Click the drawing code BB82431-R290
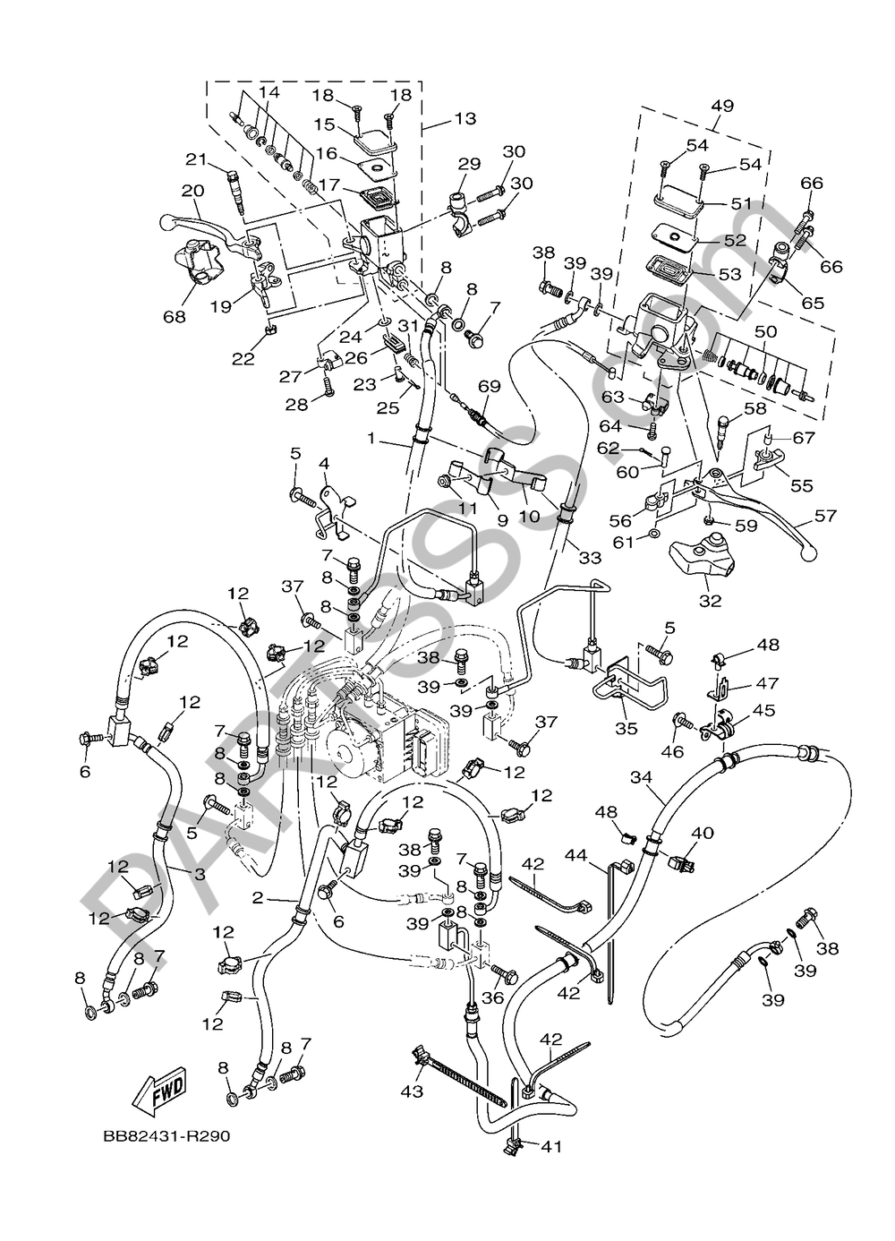pyautogui.click(x=166, y=1136)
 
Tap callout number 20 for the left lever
pyautogui.click(x=192, y=191)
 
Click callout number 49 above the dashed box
pyautogui.click(x=721, y=106)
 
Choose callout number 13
pyautogui.click(x=465, y=118)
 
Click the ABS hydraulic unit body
pyautogui.click(x=376, y=730)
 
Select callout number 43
pyautogui.click(x=412, y=1091)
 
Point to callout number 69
pyautogui.click(x=513, y=386)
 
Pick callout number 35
pyautogui.click(x=626, y=728)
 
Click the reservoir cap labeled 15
pyautogui.click(x=369, y=136)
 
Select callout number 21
pyautogui.click(x=196, y=158)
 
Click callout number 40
pyautogui.click(x=702, y=834)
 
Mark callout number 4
pyautogui.click(x=324, y=463)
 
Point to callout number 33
pyautogui.click(x=588, y=558)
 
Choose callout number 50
pyautogui.click(x=764, y=332)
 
